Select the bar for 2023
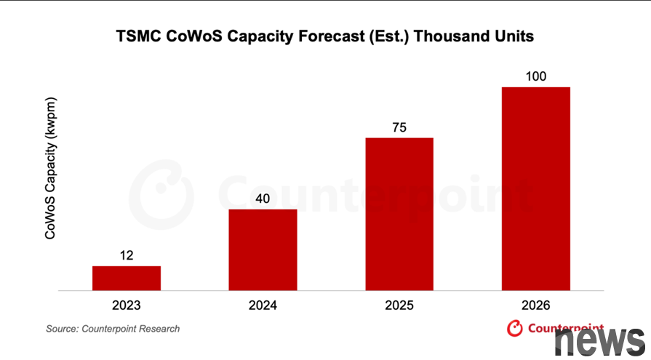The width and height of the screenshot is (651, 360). [127, 278]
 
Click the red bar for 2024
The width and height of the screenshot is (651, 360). [263, 249]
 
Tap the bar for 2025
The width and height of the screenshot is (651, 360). [399, 214]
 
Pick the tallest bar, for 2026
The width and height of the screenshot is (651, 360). [535, 188]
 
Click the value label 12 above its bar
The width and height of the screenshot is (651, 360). [127, 256]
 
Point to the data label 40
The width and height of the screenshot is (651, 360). [263, 199]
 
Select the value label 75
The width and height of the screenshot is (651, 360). [399, 128]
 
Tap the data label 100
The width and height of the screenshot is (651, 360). [535, 77]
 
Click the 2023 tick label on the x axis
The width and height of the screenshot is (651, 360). [127, 305]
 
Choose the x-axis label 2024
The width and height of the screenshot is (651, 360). [263, 305]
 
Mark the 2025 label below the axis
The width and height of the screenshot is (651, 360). [399, 305]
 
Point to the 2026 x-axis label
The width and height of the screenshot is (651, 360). [535, 305]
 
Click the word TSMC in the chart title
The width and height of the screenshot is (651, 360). [137, 36]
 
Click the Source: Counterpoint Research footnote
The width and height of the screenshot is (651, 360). [113, 329]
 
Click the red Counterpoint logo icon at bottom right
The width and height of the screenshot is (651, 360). [515, 329]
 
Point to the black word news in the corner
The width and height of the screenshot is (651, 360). [599, 340]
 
